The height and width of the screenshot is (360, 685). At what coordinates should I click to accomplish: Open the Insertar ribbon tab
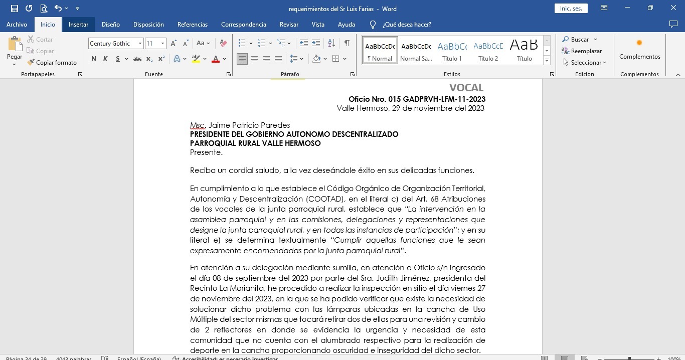[78, 25]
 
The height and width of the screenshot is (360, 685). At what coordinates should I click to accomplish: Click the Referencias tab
[192, 25]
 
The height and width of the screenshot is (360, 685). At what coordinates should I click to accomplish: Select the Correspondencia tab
[243, 25]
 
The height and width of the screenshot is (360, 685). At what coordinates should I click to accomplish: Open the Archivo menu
[17, 25]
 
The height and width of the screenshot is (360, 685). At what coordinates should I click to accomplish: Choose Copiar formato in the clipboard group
[52, 63]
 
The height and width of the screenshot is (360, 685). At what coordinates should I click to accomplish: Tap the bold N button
[94, 59]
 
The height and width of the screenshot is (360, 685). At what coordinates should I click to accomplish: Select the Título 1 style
[452, 50]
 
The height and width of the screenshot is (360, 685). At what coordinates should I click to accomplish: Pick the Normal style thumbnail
[380, 50]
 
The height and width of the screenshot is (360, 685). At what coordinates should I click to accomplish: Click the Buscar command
[579, 40]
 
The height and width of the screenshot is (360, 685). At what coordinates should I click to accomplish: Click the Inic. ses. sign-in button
[571, 9]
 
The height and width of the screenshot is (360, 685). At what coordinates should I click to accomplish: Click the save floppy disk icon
[14, 9]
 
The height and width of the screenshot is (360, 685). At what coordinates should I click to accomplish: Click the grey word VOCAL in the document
[466, 88]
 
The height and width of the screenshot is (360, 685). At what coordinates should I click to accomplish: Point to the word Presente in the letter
[206, 152]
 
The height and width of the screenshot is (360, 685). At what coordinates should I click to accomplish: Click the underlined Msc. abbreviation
[198, 125]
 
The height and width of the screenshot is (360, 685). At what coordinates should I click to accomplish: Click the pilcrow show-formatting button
[347, 44]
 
